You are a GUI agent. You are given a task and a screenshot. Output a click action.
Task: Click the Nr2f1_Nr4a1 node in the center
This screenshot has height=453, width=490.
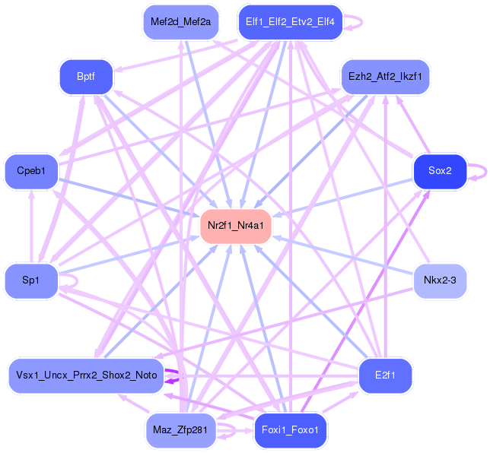236,225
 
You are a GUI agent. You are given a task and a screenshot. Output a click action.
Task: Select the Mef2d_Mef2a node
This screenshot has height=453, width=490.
180,21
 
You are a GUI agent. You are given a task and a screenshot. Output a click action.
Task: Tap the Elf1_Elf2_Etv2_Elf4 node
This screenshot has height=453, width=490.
290,21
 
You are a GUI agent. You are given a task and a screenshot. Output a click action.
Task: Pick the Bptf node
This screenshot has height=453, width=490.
86,77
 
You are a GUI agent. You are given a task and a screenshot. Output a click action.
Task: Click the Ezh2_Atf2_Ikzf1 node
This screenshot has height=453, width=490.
385,77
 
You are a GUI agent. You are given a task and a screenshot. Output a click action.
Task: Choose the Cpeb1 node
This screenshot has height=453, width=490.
30,171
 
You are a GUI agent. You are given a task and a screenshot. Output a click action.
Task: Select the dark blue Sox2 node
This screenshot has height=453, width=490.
439,171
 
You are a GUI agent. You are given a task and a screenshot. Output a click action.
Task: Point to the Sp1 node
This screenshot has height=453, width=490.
30,280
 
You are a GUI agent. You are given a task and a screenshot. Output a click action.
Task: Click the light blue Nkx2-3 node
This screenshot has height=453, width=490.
439,280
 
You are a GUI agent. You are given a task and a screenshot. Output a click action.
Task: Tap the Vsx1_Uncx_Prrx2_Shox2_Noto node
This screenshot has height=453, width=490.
86,375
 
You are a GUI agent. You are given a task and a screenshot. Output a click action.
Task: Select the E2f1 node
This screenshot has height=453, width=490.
385,375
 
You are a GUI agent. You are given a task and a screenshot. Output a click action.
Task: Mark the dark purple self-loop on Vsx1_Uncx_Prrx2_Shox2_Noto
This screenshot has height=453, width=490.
178,376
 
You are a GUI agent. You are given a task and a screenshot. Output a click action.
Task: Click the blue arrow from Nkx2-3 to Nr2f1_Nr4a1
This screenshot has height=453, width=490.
342,256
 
